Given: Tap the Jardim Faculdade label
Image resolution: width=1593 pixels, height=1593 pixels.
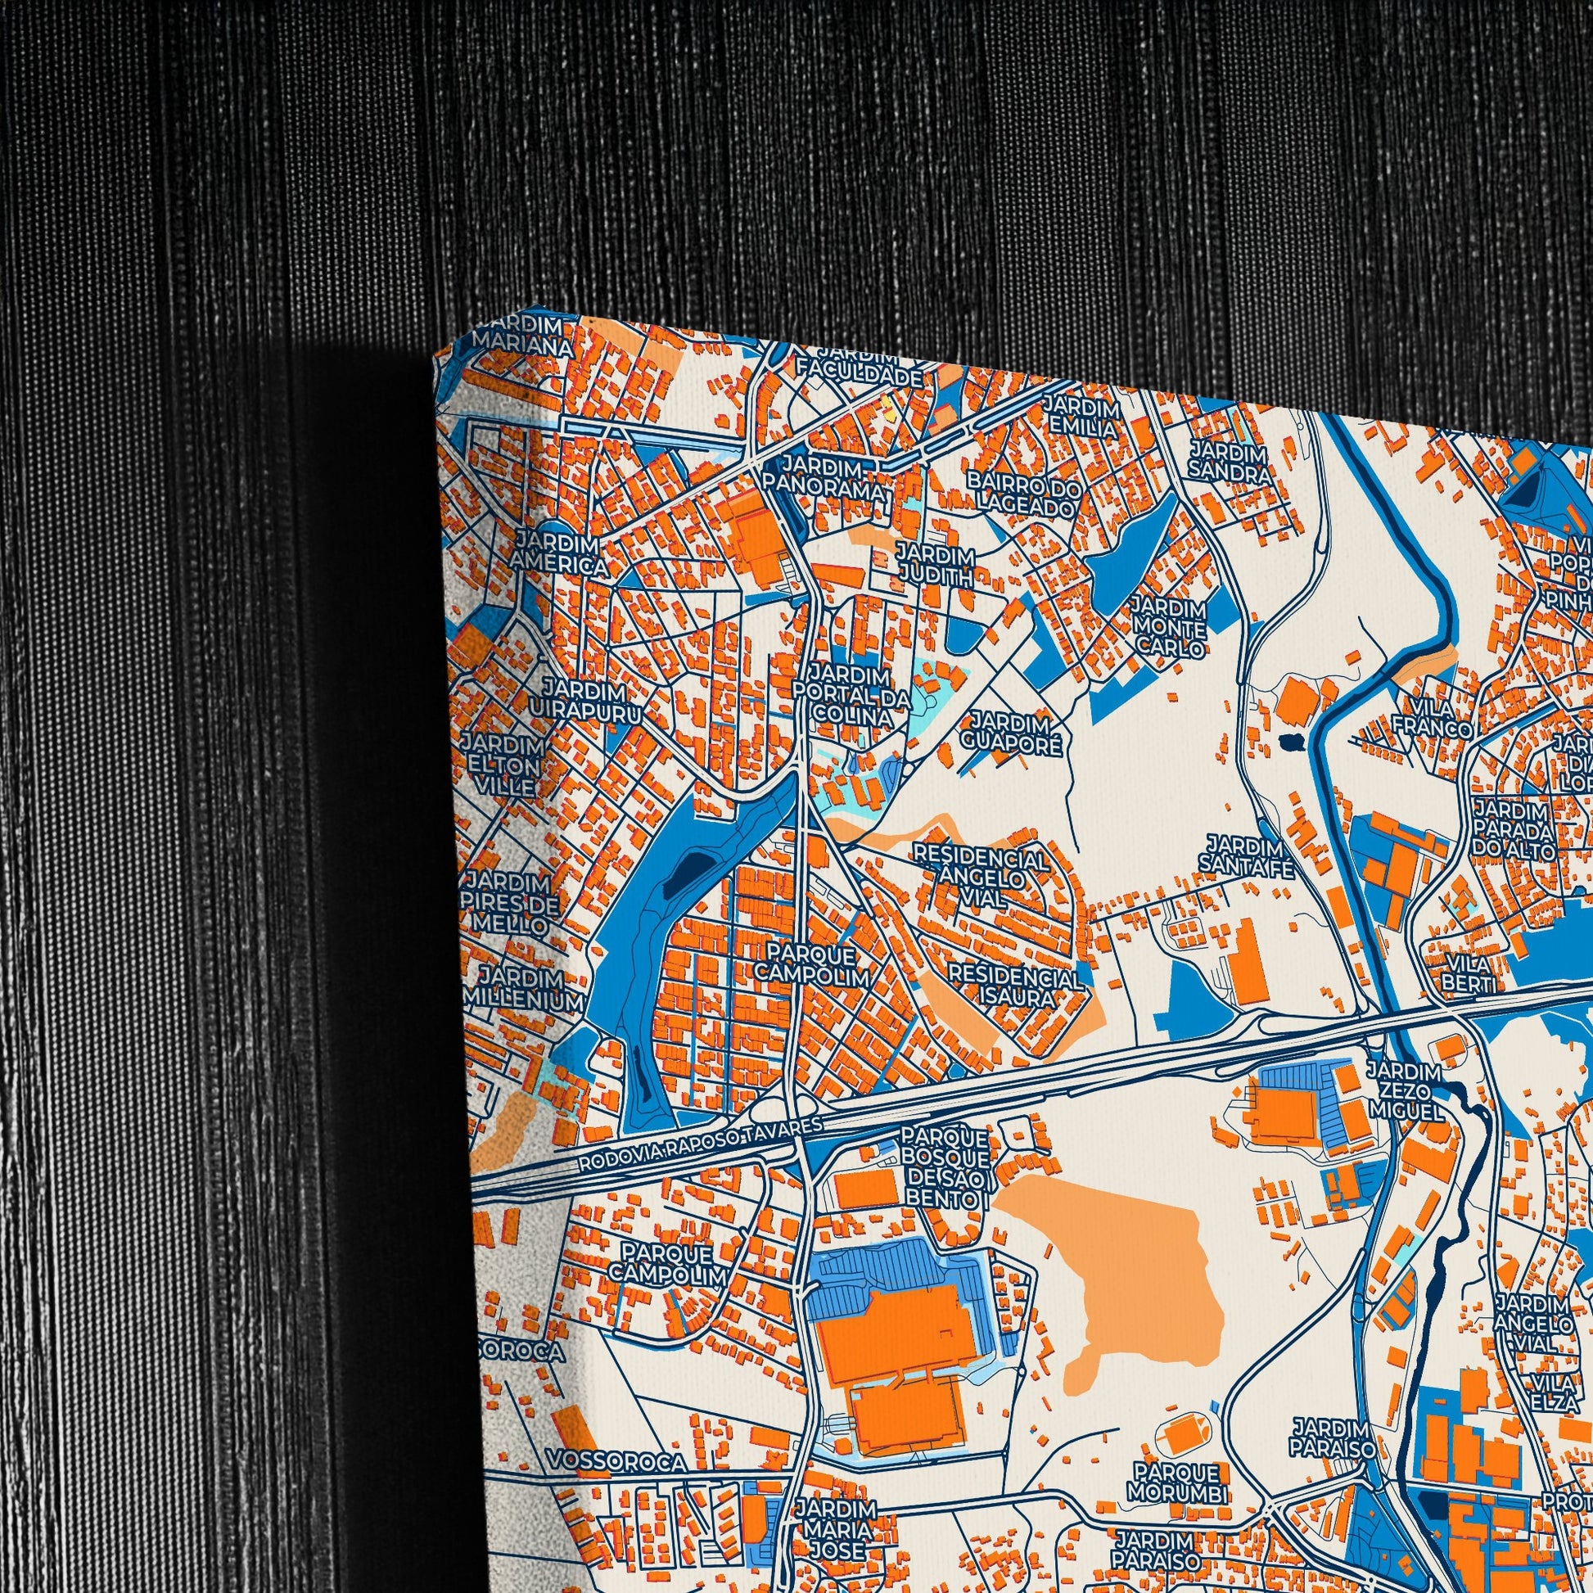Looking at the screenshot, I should pyautogui.click(x=858, y=367).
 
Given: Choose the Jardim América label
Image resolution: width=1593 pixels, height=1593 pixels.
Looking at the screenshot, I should pyautogui.click(x=558, y=554).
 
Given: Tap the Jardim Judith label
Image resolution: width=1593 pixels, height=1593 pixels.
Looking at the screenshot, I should pyautogui.click(x=935, y=565).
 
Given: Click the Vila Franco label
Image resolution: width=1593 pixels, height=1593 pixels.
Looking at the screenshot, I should pyautogui.click(x=1432, y=717).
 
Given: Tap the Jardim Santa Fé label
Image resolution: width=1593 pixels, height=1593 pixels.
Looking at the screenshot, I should pyautogui.click(x=1245, y=855).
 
